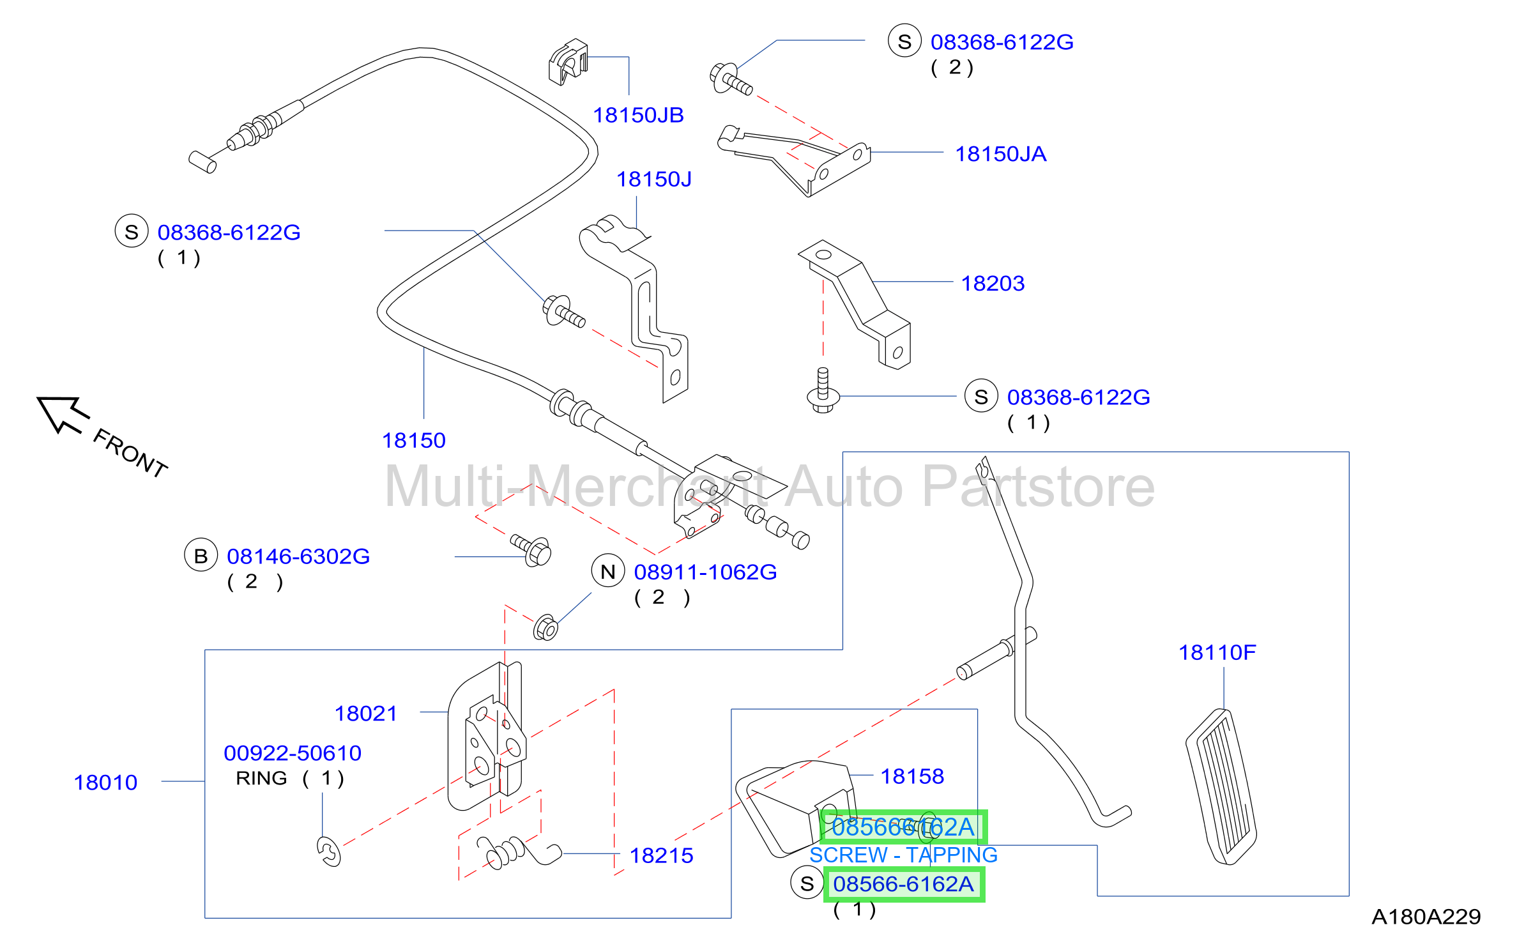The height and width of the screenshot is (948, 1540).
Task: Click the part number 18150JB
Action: (638, 115)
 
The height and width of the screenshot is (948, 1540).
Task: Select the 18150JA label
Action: (1000, 154)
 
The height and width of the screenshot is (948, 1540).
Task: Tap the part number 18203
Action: (993, 283)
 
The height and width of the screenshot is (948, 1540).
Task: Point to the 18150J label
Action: (653, 179)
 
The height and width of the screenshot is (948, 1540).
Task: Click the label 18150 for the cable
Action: (413, 440)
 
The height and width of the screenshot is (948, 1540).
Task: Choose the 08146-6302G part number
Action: (298, 556)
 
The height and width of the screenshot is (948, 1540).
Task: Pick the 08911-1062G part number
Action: (705, 572)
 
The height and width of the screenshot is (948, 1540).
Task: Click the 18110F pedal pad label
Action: (1217, 652)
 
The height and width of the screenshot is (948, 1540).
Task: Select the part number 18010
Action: (105, 783)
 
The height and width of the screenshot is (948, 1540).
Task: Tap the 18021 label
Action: (366, 714)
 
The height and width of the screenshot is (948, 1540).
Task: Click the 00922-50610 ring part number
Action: (293, 753)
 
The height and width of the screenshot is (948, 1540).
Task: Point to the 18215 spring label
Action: (661, 855)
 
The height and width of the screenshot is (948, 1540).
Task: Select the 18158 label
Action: (912, 776)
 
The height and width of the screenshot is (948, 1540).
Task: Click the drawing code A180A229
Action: (1426, 917)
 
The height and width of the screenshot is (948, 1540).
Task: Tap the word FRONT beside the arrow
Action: (130, 453)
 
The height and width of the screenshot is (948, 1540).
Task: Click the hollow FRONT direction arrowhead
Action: (61, 413)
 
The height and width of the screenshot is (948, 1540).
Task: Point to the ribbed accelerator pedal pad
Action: (1221, 786)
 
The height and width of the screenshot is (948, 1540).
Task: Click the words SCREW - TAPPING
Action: (903, 855)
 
